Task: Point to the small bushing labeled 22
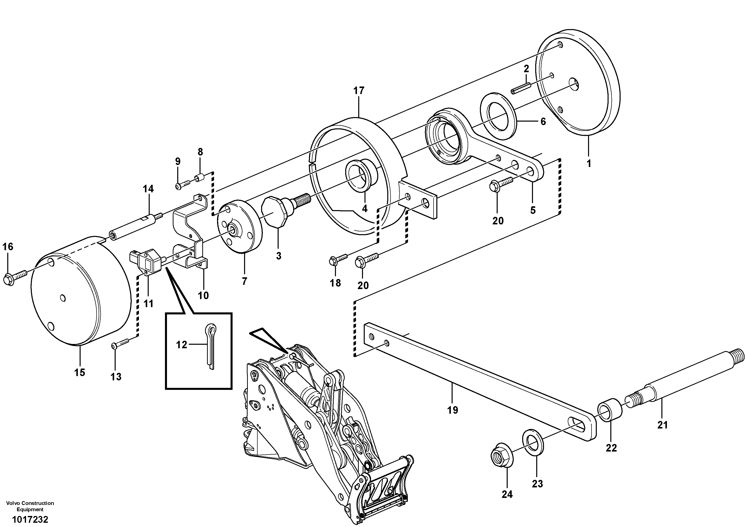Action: pyautogui.click(x=610, y=410)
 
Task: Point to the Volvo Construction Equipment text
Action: pyautogui.click(x=30, y=506)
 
